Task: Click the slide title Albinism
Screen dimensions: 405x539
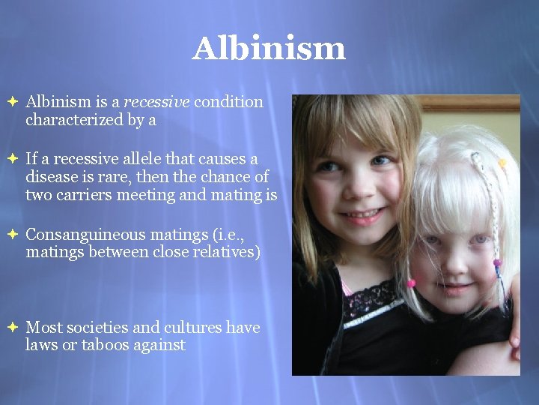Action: point(269,49)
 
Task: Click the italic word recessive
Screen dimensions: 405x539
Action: point(156,101)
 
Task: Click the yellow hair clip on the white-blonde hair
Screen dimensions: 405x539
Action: point(502,163)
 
